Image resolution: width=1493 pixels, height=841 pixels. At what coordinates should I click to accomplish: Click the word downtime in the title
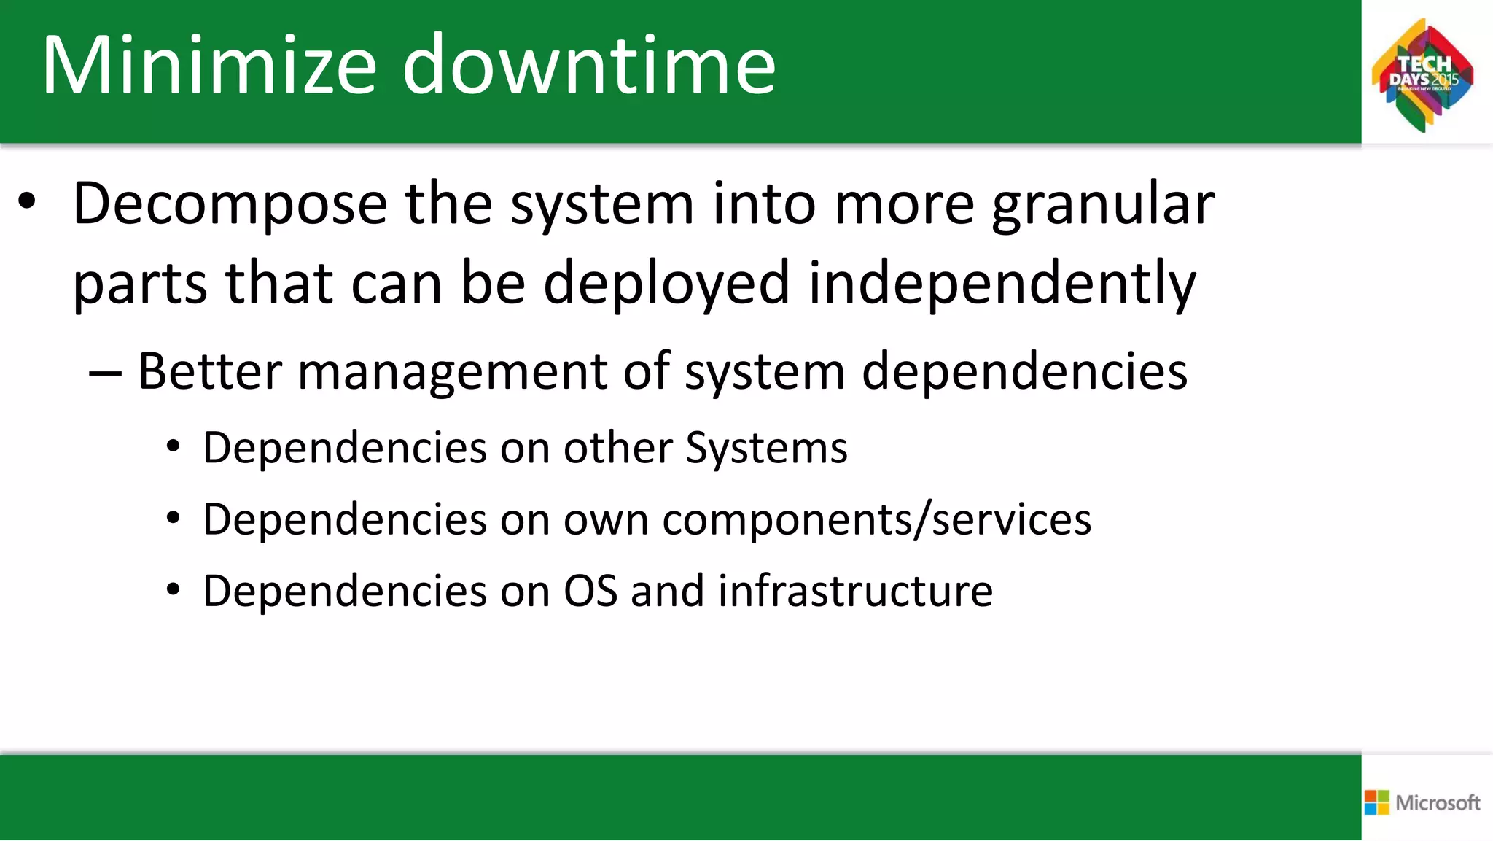point(589,66)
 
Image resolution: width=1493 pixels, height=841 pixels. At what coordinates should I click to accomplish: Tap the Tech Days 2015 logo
point(1422,75)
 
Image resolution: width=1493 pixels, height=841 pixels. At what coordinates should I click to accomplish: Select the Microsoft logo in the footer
point(1422,802)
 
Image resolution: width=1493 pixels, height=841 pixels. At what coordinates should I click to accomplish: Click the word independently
point(1002,284)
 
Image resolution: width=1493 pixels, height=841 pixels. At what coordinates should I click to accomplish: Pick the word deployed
point(666,284)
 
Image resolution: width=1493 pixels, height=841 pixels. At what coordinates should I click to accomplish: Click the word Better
point(209,372)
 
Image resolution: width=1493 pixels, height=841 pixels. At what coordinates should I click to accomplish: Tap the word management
point(452,372)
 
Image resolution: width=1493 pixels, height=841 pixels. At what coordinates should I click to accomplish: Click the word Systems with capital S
point(766,448)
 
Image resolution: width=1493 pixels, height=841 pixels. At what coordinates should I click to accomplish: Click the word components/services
point(876,520)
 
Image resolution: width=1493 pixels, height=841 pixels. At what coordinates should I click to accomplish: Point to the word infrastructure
point(855,591)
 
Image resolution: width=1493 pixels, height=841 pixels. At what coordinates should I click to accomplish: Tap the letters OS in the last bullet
point(590,591)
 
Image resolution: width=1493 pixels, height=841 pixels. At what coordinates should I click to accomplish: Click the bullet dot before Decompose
point(27,204)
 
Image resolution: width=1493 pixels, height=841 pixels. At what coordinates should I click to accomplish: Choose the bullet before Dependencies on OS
point(173,591)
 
